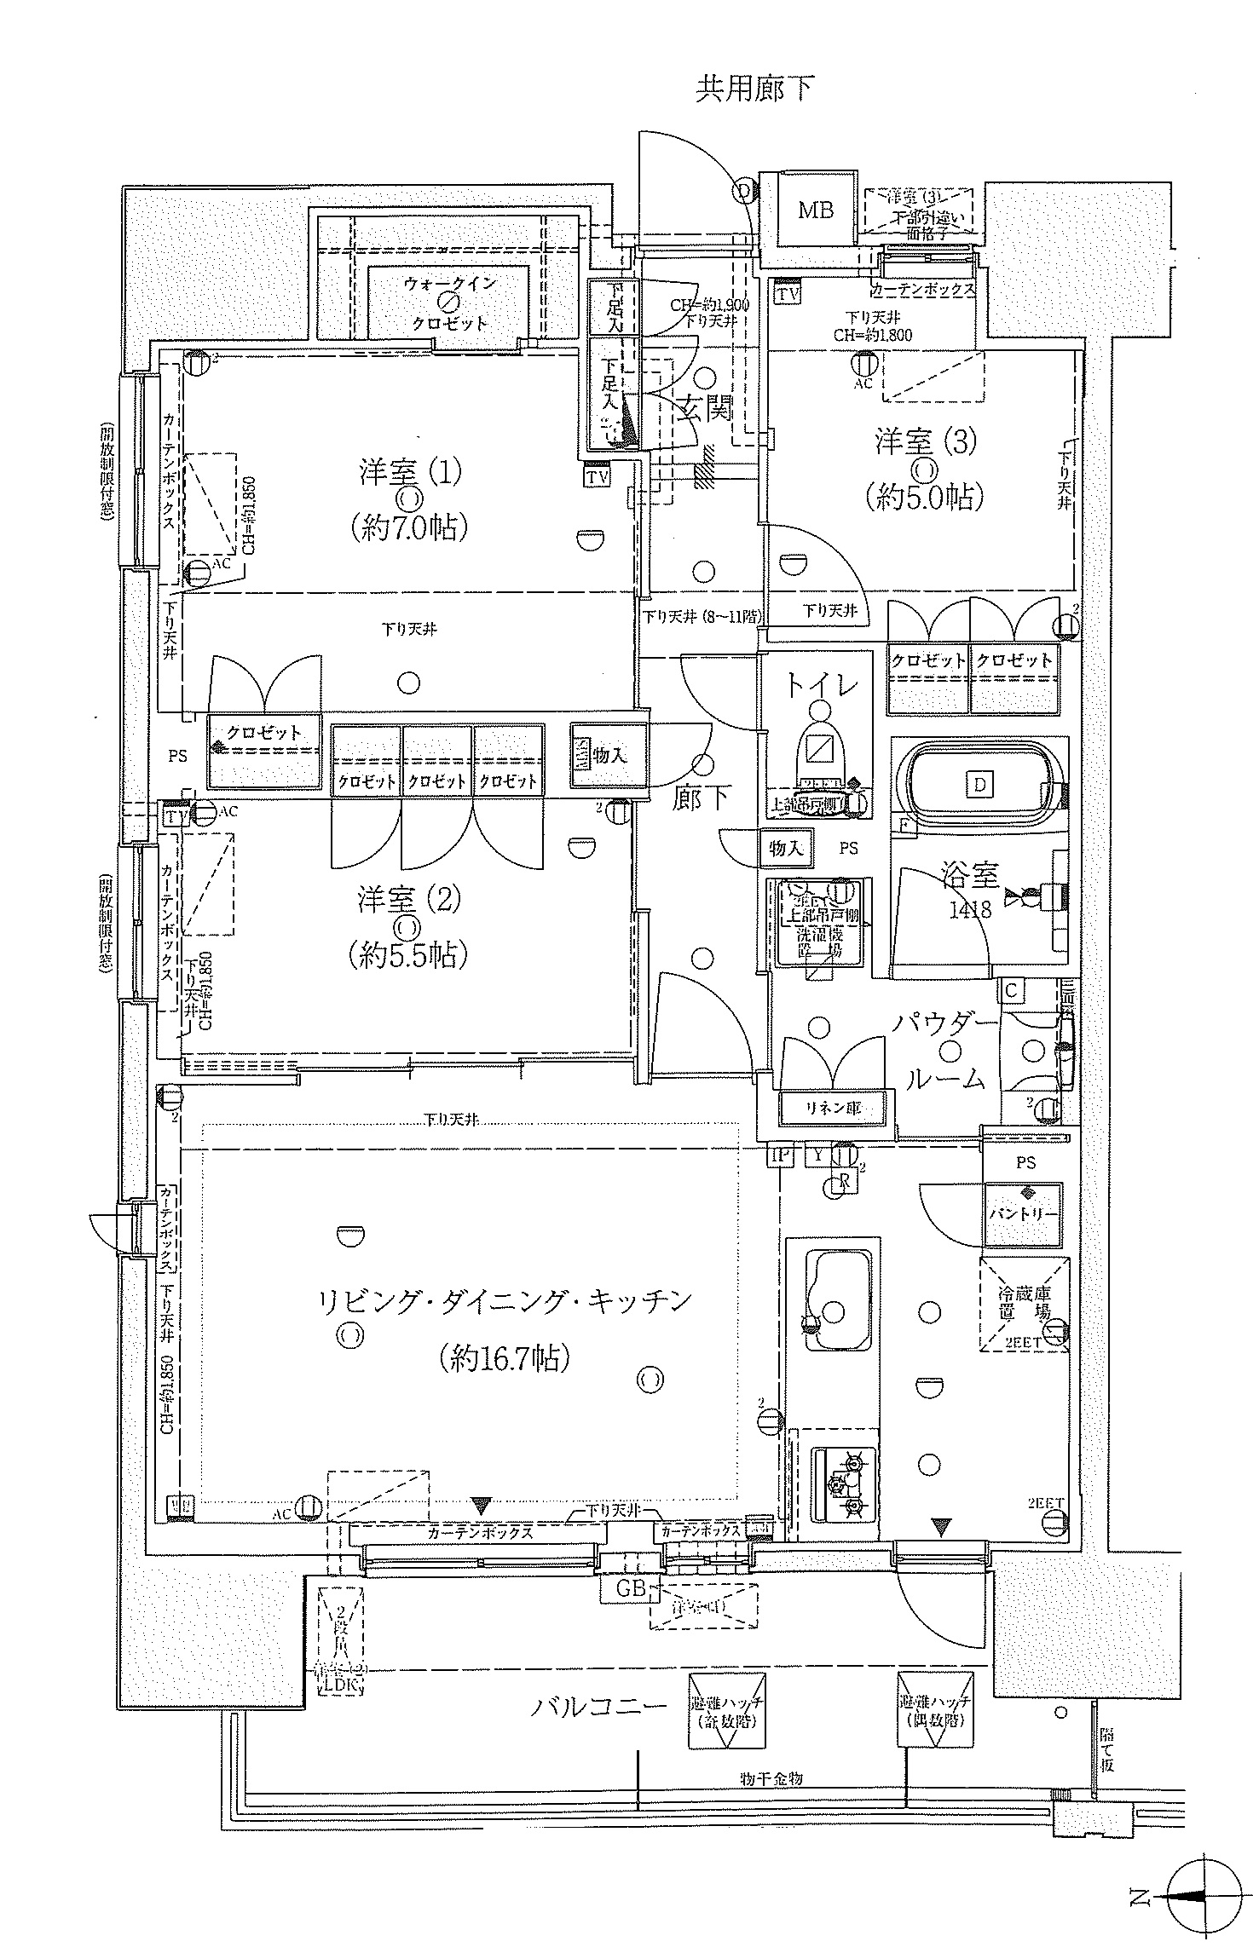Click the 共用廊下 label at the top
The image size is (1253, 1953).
click(755, 89)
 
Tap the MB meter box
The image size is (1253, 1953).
click(815, 209)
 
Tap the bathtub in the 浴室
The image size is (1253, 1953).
click(979, 784)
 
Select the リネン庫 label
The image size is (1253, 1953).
click(833, 1109)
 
